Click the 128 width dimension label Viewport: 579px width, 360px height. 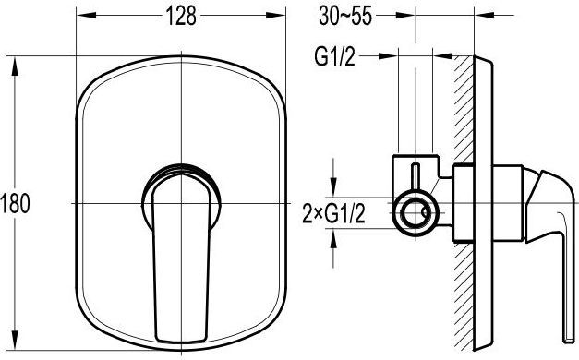181,16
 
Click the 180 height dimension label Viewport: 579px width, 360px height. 16,203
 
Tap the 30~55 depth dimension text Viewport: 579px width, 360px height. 345,17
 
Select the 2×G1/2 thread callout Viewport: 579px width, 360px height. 333,214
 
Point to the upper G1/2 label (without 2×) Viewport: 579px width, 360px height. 335,57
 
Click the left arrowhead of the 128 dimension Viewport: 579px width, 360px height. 86,15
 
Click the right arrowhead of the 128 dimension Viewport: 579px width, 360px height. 275,15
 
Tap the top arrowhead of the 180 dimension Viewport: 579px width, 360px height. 15,66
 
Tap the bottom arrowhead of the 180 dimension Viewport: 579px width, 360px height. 15,340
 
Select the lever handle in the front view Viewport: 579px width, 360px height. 181,258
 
